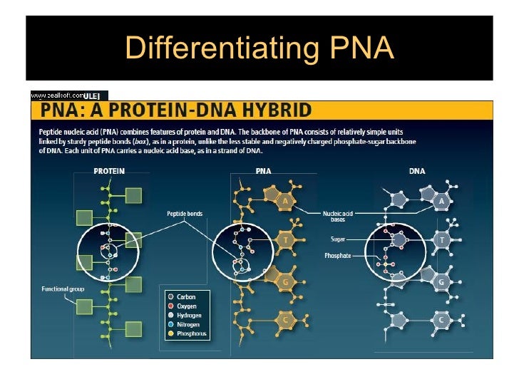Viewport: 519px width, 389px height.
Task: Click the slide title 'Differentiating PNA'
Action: (x=259, y=48)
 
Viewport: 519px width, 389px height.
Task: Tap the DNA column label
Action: (x=418, y=171)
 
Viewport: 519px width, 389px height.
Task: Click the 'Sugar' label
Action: (x=338, y=239)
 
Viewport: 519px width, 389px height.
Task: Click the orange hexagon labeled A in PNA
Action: (x=285, y=202)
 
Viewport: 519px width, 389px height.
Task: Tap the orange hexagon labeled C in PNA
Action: (x=285, y=320)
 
